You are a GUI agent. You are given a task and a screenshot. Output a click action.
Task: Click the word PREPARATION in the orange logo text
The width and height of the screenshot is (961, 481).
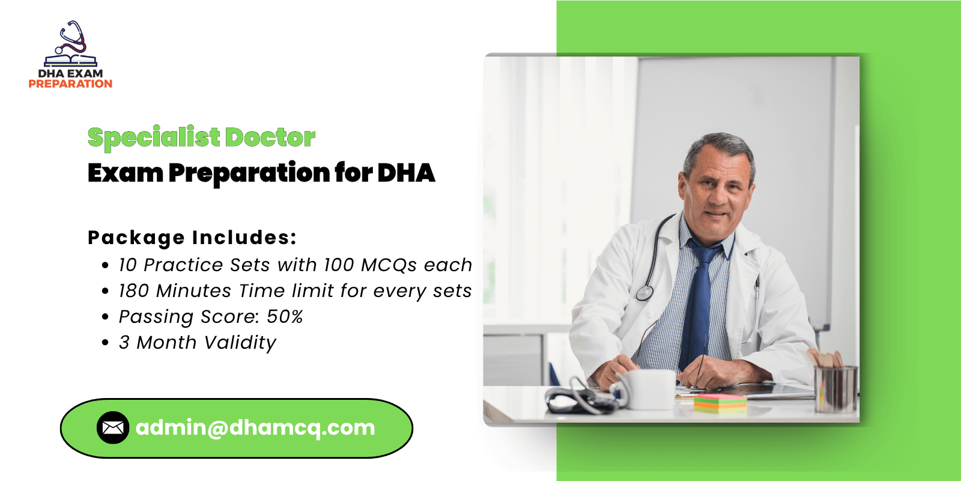click(70, 84)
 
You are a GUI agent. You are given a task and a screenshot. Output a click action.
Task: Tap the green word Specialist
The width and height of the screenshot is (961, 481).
click(154, 138)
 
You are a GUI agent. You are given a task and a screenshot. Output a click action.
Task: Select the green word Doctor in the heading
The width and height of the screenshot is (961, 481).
click(270, 137)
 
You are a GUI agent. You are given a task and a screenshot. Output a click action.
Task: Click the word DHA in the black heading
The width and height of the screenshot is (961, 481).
click(406, 173)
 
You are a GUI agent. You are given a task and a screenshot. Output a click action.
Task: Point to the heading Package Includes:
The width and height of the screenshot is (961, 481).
click(192, 237)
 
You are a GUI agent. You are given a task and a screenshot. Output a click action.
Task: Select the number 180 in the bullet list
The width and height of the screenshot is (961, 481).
click(133, 291)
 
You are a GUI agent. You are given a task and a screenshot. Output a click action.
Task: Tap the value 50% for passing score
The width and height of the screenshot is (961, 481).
click(285, 316)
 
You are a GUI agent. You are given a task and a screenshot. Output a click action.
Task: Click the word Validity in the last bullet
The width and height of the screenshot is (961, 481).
click(240, 343)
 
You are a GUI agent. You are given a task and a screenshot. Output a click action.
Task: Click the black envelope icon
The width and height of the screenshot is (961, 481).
click(113, 427)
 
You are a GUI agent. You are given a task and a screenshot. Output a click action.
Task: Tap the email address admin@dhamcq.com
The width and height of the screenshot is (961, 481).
click(255, 427)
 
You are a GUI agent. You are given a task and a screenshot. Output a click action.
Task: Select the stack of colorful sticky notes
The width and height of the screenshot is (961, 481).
click(720, 403)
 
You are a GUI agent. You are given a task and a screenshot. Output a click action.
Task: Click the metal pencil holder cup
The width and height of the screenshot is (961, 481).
click(836, 389)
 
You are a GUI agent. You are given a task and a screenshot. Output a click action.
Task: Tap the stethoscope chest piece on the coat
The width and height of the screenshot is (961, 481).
click(644, 293)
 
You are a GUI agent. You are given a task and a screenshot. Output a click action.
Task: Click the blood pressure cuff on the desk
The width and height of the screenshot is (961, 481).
click(579, 398)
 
